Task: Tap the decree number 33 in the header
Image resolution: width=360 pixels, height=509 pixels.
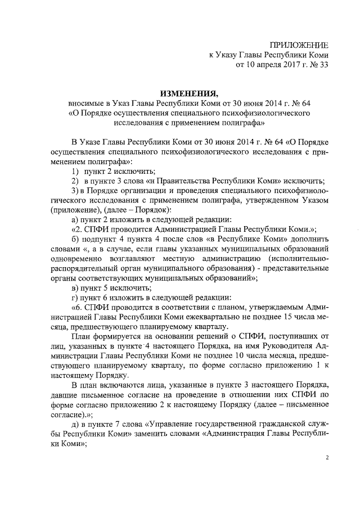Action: click(323, 65)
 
